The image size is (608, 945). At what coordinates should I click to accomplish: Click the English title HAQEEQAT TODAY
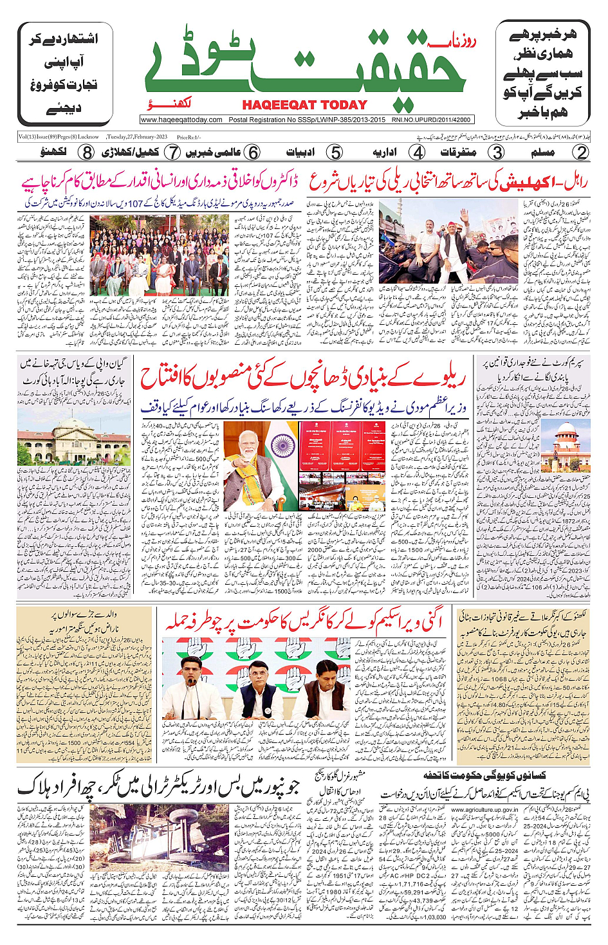pos(304,105)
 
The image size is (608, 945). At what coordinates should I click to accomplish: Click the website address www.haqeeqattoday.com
pos(181,120)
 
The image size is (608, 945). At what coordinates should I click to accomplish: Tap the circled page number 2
pos(581,152)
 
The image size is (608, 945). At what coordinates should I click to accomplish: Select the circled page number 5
pos(335,152)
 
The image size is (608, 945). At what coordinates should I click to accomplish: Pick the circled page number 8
pos(87,152)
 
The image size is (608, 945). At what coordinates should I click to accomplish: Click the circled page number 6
pos(253,152)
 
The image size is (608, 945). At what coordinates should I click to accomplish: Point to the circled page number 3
pos(497,152)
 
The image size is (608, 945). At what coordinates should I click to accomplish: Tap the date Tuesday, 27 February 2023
pos(136,137)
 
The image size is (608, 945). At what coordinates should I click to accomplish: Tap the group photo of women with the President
pos(159,255)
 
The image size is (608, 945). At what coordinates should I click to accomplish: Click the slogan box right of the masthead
pos(542,73)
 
